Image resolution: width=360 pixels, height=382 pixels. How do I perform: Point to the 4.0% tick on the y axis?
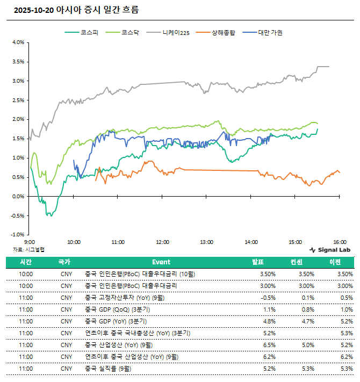pyautogui.click(x=18, y=42)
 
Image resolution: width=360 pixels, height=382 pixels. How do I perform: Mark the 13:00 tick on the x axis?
pyautogui.click(x=206, y=242)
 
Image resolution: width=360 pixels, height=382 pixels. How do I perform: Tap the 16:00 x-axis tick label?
pyautogui.click(x=339, y=242)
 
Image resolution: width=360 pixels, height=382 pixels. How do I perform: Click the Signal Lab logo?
pyautogui.click(x=329, y=250)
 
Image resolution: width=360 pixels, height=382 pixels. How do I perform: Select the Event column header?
pyautogui.click(x=161, y=262)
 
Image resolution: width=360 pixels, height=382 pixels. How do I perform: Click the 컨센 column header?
pyautogui.click(x=305, y=262)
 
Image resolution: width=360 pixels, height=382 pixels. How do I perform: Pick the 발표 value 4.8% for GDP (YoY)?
pyautogui.click(x=262, y=321)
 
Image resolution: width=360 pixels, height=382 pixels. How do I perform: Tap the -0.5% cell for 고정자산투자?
pyautogui.click(x=261, y=298)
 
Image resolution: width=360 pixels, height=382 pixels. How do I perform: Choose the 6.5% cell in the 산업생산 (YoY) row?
pyautogui.click(x=262, y=345)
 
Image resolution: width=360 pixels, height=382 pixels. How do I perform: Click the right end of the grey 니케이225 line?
pyautogui.click(x=329, y=67)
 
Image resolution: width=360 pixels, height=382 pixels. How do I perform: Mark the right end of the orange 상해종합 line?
pyautogui.click(x=340, y=172)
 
